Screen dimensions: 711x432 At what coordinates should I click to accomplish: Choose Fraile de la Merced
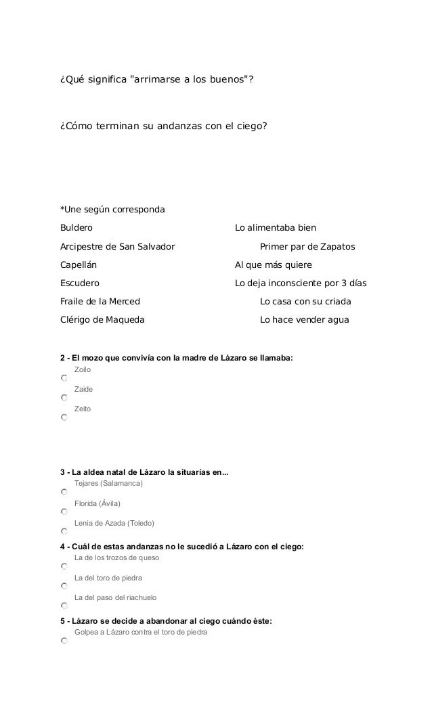point(101,301)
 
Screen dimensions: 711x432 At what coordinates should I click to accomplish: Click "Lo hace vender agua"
point(305,319)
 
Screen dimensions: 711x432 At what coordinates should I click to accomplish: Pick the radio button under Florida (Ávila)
point(64,512)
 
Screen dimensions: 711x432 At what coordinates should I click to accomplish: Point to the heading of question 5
point(166,620)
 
